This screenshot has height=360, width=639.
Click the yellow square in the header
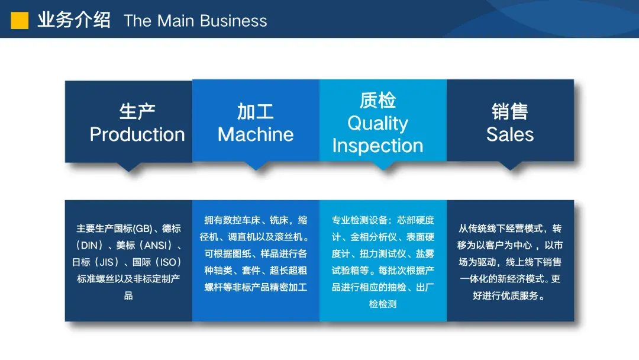coord(20,20)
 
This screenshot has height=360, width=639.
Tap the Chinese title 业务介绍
coord(74,20)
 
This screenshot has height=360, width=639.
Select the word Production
coord(137,134)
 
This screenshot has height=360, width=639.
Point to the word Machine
coord(256,134)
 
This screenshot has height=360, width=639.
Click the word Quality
coord(377,124)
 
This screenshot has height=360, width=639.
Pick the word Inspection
coord(377,146)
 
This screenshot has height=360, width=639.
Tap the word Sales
coord(510,134)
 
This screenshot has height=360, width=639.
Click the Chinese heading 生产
coord(137,111)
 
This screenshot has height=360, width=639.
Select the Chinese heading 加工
coord(256,111)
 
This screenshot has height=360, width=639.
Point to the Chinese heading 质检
coord(377,100)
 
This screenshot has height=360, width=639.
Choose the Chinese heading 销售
coord(510,111)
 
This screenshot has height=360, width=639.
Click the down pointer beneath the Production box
coord(129,167)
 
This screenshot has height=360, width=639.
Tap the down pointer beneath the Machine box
coord(256,166)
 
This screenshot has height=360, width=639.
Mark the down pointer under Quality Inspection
coord(383,166)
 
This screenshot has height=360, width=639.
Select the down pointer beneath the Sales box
coord(510,166)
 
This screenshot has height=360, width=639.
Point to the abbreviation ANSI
coord(155,246)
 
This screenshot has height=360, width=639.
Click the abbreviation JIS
coord(106,262)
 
